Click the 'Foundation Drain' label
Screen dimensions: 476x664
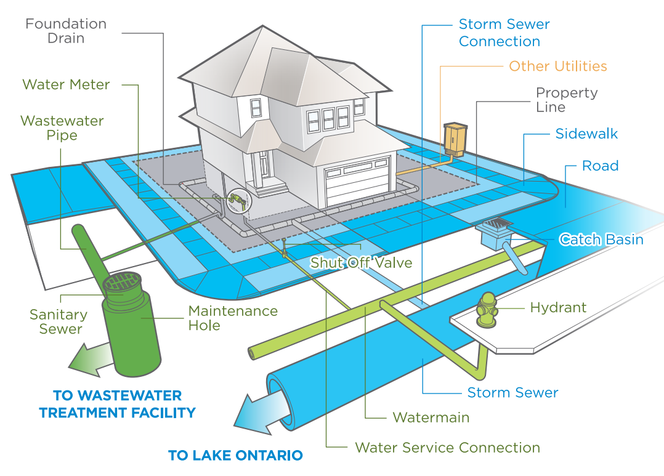[x=66, y=31]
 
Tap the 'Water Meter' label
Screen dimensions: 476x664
[x=66, y=84]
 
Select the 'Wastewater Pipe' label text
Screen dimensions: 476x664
[x=62, y=127]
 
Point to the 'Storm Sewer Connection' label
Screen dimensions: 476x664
[x=504, y=33]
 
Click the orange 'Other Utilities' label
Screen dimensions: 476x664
[x=557, y=66]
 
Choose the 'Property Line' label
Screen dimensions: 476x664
[x=566, y=100]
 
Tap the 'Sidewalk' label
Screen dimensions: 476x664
[x=586, y=134]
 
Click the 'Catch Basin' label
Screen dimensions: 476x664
[x=601, y=240]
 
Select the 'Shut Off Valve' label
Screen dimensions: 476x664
[x=361, y=263]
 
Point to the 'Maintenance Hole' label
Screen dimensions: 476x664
[x=233, y=318]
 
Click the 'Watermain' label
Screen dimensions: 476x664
[x=431, y=418]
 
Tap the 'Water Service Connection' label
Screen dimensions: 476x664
[x=447, y=448]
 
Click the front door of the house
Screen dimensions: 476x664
[x=265, y=165]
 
